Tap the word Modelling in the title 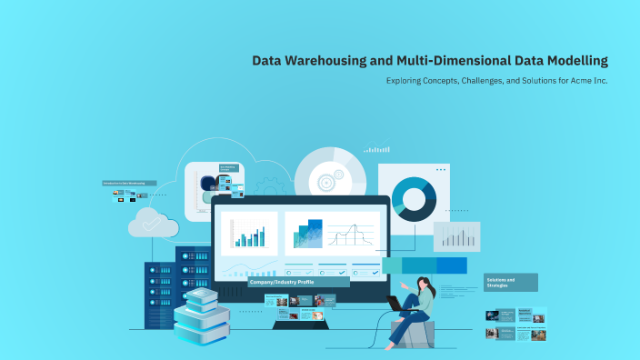[x=571, y=61]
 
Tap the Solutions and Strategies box [x=510, y=282]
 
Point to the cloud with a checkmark [x=153, y=223]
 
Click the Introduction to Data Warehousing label [x=129, y=183]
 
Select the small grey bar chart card [x=456, y=236]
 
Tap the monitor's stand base [x=313, y=325]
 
